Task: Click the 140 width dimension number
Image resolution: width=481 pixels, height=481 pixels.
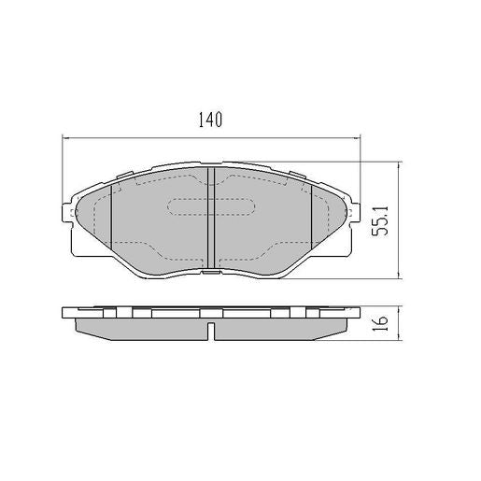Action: tap(209, 120)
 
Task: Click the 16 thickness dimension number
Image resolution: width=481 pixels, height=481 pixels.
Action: tap(379, 324)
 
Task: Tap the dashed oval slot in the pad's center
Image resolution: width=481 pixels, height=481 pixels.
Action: tap(210, 208)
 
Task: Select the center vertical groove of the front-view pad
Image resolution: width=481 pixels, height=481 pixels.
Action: tap(210, 219)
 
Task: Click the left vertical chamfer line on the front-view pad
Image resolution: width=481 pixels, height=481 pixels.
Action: tap(112, 219)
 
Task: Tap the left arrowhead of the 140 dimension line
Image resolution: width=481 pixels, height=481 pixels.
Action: tap(65, 139)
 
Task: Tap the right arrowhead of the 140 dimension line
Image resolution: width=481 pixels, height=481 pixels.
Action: tap(357, 139)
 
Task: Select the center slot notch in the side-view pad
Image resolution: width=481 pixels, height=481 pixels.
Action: tap(213, 330)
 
